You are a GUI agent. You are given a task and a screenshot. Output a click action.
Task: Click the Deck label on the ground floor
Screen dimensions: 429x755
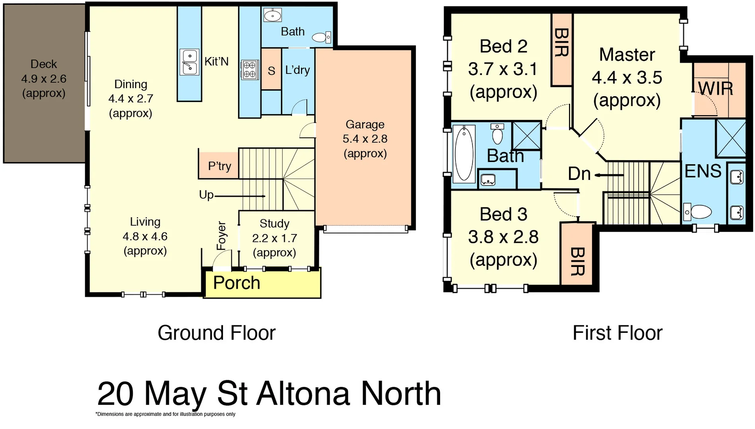[x=44, y=64]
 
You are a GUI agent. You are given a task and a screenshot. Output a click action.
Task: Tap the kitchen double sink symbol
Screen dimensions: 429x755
[x=189, y=62]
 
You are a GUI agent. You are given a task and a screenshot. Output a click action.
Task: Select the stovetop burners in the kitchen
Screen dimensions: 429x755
[x=250, y=70]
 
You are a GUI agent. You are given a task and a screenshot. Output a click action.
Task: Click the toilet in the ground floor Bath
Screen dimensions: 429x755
[x=321, y=38]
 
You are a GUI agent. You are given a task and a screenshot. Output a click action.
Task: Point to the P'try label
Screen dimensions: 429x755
[x=219, y=166]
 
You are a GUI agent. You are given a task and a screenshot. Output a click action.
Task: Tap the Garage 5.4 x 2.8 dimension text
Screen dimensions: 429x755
[x=365, y=139]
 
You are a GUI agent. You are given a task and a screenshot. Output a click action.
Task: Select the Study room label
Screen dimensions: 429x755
[x=274, y=224]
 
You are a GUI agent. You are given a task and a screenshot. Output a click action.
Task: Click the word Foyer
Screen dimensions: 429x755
[x=221, y=236]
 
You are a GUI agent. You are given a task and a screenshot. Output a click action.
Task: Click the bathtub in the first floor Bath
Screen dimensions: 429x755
[x=464, y=154]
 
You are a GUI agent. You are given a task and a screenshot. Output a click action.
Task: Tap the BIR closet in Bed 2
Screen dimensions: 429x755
[x=561, y=49]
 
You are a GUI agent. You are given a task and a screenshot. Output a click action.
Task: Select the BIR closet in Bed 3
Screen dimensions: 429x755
[x=576, y=254]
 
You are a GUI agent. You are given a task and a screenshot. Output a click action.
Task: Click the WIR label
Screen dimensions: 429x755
[x=715, y=88]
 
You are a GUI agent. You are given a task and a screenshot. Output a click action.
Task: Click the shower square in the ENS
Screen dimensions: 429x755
[x=731, y=138]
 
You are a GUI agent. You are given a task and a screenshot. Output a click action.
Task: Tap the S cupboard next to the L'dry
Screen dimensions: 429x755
[x=272, y=70]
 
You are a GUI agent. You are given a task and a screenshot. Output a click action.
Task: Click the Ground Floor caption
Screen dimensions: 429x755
[x=216, y=333]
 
